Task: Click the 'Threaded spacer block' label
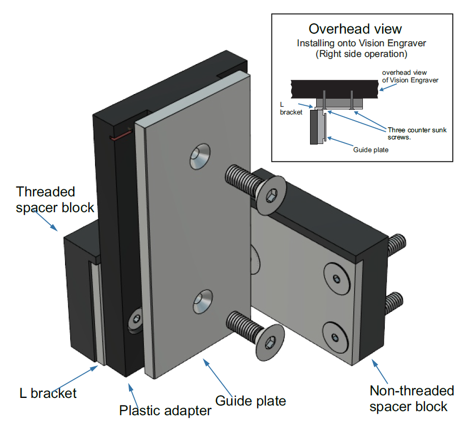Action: [x=55, y=199]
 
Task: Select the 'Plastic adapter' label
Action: [x=165, y=410]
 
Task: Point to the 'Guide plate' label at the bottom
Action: [x=250, y=401]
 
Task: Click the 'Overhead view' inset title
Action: [x=355, y=29]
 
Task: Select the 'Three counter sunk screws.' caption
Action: [x=416, y=133]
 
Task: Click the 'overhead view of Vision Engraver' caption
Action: [x=410, y=76]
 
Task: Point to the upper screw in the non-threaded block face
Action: [x=336, y=277]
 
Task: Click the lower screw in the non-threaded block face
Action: [x=335, y=336]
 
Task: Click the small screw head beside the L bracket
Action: [x=136, y=320]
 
